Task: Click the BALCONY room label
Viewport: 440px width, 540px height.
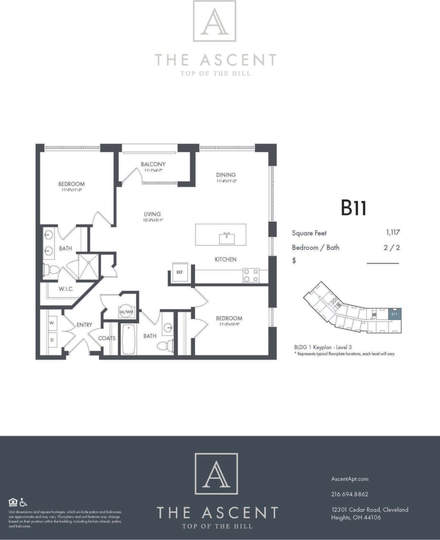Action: tap(153, 164)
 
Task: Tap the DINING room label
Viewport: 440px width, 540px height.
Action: tap(226, 175)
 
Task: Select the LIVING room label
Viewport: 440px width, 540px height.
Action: tap(152, 214)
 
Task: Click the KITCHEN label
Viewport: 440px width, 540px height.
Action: tap(225, 259)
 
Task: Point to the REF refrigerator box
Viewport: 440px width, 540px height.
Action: tap(180, 272)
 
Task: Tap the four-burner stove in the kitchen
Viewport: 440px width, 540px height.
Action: tap(251, 276)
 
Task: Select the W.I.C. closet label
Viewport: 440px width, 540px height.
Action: tap(66, 289)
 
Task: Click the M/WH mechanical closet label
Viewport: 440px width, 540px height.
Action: tap(126, 312)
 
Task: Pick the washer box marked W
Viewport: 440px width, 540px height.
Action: tap(52, 323)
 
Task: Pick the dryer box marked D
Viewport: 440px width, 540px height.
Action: tap(52, 340)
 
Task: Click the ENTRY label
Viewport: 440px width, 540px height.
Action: tap(84, 325)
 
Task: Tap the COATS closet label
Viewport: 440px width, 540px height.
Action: tap(107, 338)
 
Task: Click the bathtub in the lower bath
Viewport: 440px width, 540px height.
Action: tap(128, 339)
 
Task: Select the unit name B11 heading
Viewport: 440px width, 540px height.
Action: tap(353, 208)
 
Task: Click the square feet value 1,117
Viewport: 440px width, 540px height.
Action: tap(392, 233)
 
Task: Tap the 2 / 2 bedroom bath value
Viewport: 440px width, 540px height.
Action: tap(392, 247)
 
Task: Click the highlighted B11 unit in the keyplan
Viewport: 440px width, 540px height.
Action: tap(394, 314)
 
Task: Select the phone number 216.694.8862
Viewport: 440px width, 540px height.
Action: tap(349, 494)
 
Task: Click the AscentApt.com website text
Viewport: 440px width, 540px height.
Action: tap(349, 479)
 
